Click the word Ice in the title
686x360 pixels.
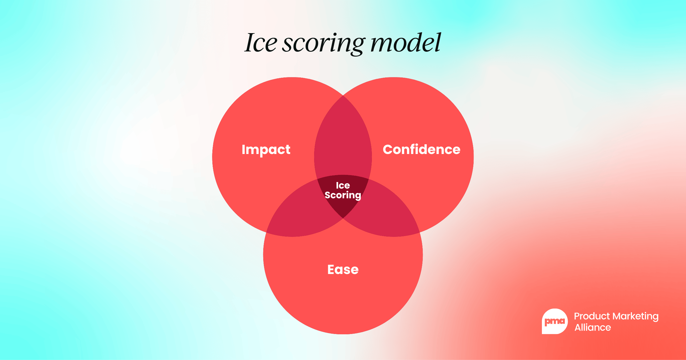pos(261,43)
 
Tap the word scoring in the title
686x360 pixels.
pos(324,44)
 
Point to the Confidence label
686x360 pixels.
pos(422,149)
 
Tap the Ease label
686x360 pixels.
pos(343,269)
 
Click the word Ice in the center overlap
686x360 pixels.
pos(343,185)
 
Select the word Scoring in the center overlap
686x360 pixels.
pos(343,195)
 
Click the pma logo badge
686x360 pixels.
pos(555,321)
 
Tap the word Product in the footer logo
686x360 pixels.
pos(592,316)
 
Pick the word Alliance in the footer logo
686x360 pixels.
pos(593,327)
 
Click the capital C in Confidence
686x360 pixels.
pos(388,149)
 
